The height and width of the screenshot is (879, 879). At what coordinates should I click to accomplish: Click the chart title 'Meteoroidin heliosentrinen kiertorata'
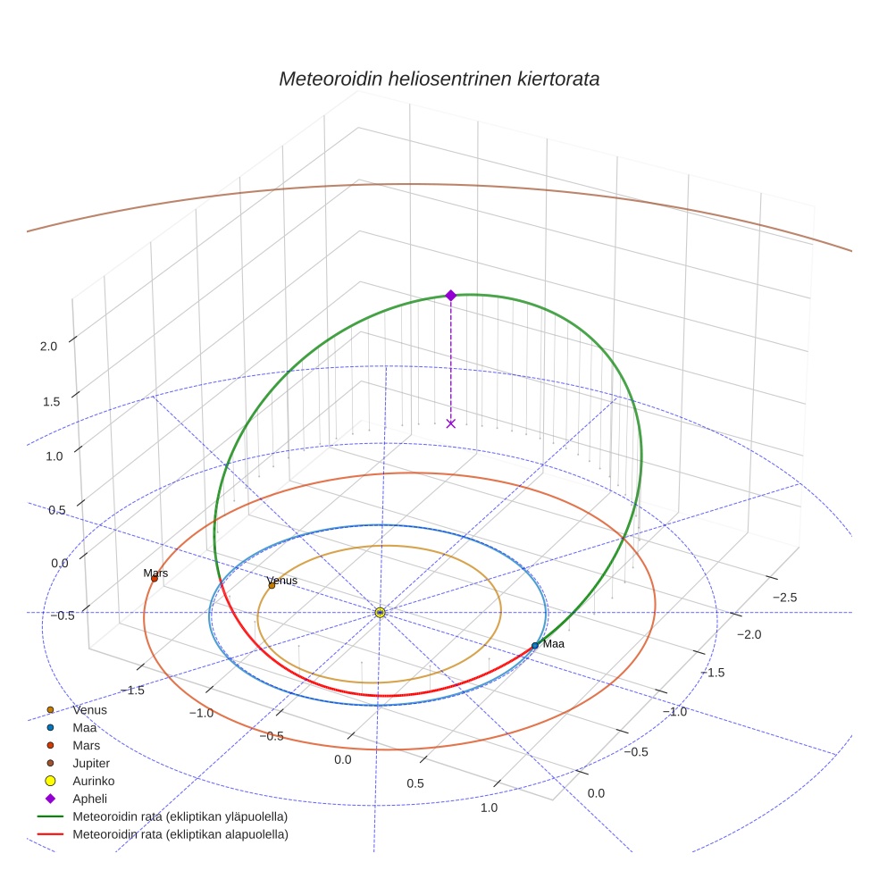[439, 79]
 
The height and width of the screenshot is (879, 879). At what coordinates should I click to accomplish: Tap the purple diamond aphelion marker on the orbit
[450, 295]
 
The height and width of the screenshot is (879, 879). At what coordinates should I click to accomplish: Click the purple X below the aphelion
[450, 423]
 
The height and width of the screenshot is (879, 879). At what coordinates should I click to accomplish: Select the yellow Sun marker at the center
[380, 612]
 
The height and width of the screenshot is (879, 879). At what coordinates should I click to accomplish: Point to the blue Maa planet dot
[535, 645]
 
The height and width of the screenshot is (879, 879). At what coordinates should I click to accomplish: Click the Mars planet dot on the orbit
[154, 579]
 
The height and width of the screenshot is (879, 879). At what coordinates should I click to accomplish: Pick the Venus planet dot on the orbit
[272, 585]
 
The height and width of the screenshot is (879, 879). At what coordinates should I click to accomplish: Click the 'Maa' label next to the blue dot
[554, 644]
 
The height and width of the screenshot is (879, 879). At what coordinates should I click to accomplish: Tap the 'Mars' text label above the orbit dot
[155, 573]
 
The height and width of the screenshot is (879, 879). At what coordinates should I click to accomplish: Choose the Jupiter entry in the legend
[91, 763]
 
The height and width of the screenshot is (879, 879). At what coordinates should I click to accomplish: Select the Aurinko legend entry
[94, 781]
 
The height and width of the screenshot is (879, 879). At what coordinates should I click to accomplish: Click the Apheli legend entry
[89, 799]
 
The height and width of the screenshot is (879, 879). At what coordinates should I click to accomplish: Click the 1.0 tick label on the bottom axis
[489, 808]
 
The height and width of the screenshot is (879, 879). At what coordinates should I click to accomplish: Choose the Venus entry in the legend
[90, 710]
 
